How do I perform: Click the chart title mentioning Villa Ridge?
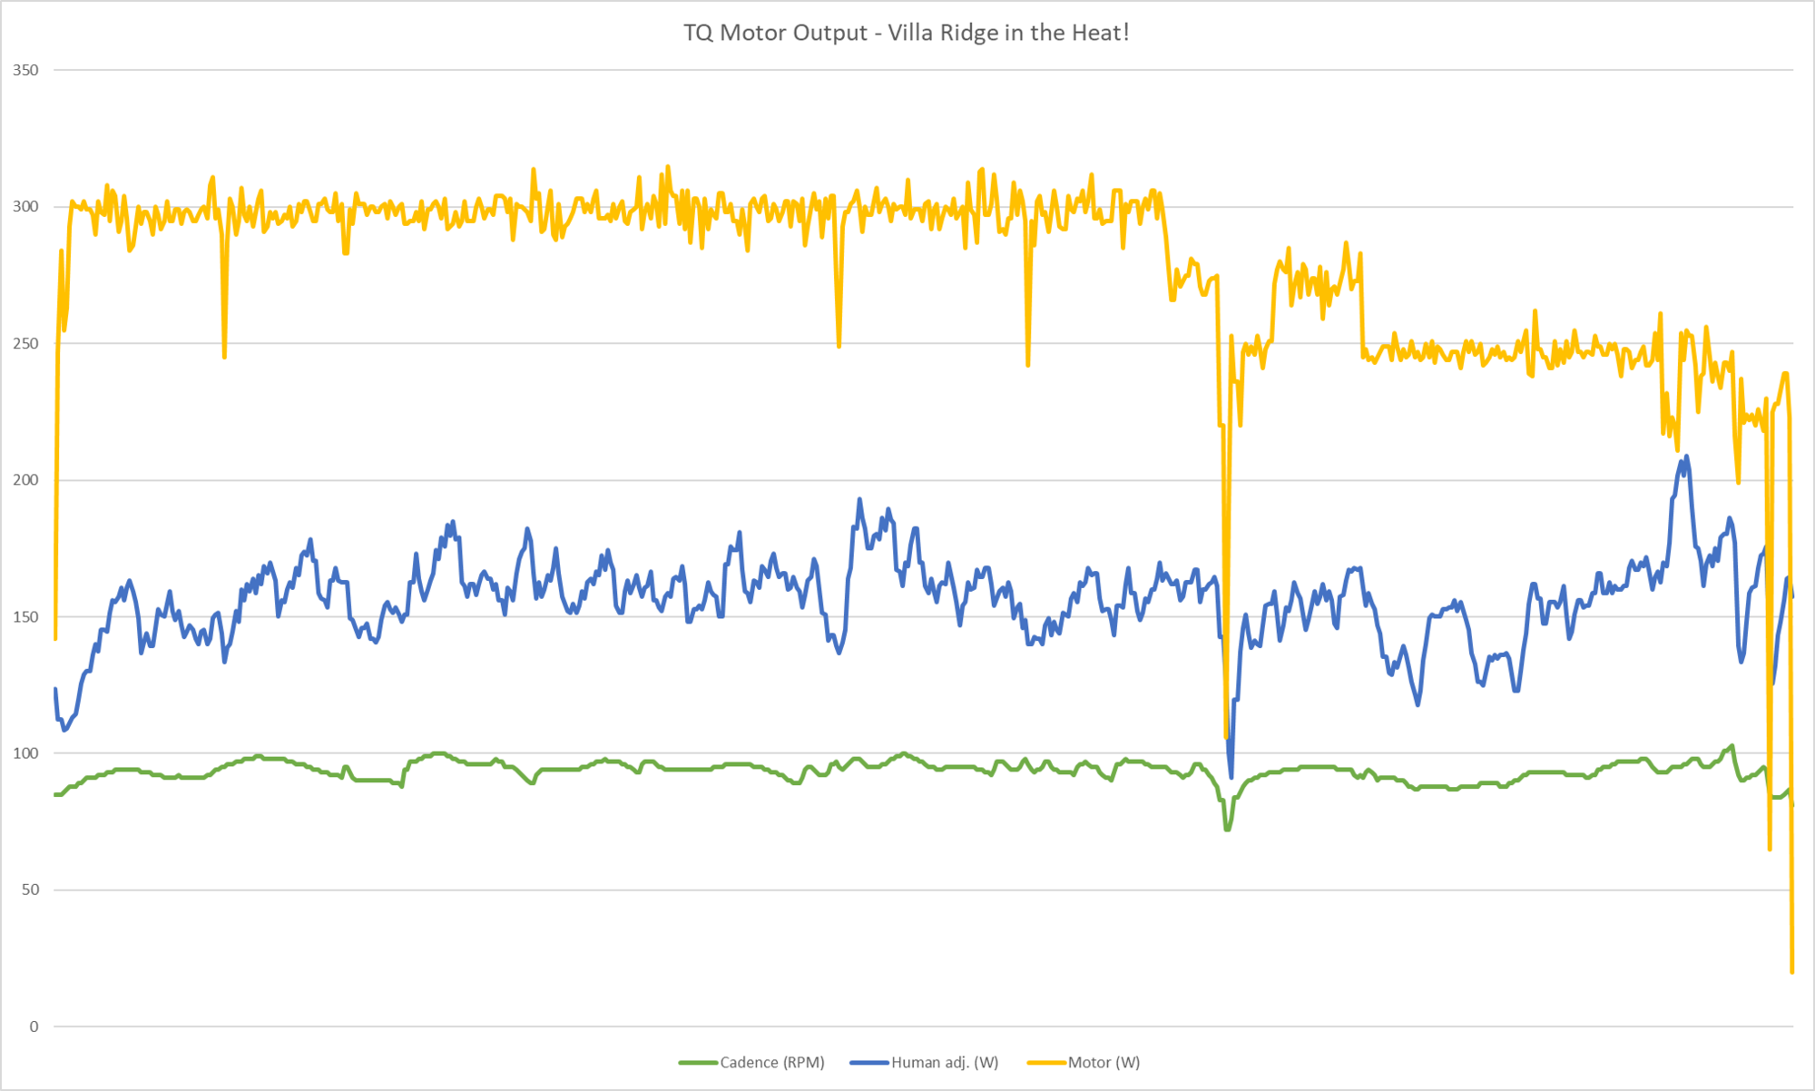coord(906,33)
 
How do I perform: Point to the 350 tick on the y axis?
coord(26,70)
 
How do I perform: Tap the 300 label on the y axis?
coord(26,207)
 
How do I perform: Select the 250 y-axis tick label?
coord(26,343)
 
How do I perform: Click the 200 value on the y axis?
coord(26,480)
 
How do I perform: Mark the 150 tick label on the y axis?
coord(26,617)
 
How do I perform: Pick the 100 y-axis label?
coord(26,753)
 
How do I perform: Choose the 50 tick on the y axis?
coord(31,890)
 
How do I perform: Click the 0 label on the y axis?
coord(34,1027)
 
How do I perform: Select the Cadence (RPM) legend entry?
coord(771,1062)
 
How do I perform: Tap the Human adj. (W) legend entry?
coord(944,1062)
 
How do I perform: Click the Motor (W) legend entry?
coord(1104,1062)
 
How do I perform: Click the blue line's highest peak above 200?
coord(1686,457)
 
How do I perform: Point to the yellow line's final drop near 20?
coord(1792,971)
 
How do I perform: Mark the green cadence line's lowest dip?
coord(1227,829)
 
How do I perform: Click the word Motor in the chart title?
coord(749,33)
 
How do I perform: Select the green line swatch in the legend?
coord(698,1063)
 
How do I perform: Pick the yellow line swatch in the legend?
coord(1046,1063)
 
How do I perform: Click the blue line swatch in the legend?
coord(869,1063)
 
